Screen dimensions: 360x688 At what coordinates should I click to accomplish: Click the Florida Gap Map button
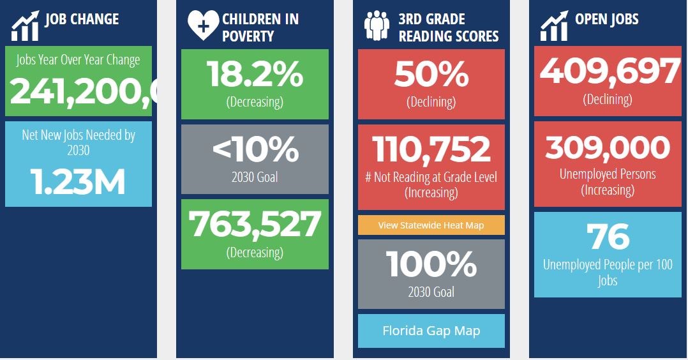(x=431, y=331)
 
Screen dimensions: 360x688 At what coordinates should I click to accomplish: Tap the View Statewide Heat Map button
(x=431, y=225)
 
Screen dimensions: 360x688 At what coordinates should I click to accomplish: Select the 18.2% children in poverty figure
(x=255, y=75)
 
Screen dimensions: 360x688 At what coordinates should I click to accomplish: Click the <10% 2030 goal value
(x=255, y=150)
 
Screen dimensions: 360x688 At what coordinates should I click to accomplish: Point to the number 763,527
(x=255, y=225)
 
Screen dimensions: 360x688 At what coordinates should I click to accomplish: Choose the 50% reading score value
(x=431, y=75)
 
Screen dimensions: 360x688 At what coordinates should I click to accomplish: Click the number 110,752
(x=431, y=149)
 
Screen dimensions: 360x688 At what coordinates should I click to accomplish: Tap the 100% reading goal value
(x=431, y=264)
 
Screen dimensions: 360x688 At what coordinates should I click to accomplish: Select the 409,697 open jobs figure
(x=609, y=72)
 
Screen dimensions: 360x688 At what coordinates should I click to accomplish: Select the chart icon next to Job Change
(x=25, y=26)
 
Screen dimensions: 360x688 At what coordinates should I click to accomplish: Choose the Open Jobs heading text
(x=606, y=19)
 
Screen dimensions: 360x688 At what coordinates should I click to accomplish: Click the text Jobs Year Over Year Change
(x=78, y=60)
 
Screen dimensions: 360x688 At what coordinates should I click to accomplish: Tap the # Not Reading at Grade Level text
(x=431, y=177)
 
